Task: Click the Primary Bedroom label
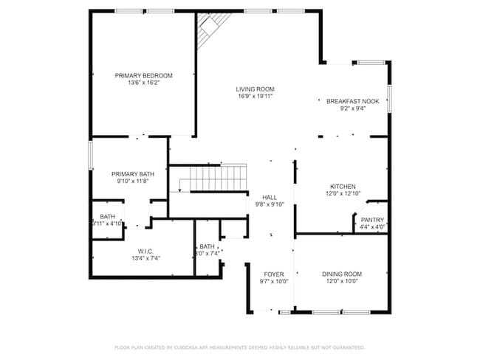[x=143, y=75]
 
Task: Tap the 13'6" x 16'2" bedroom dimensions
[x=143, y=83]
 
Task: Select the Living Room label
[x=255, y=89]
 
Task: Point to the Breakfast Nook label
[x=353, y=101]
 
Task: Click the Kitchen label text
[x=343, y=186]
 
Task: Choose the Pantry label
[x=372, y=219]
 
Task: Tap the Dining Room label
[x=342, y=274]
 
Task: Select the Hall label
[x=270, y=197]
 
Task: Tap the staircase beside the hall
[x=218, y=178]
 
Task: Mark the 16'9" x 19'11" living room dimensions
[x=255, y=97]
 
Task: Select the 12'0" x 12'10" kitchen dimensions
[x=343, y=194]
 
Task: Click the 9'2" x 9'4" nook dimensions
[x=353, y=109]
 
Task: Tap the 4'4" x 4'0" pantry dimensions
[x=372, y=226]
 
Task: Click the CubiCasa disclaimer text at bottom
[x=239, y=346]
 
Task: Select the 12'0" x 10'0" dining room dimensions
[x=342, y=281]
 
